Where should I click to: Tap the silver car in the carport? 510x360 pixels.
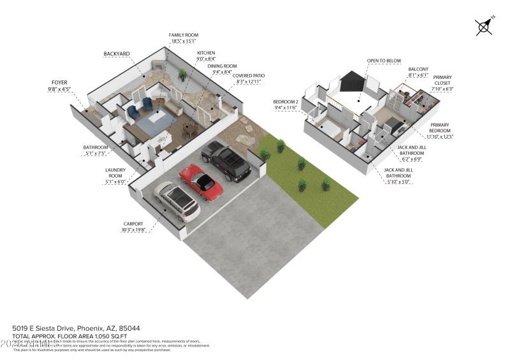(177, 200)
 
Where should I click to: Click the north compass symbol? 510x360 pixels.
(484, 26)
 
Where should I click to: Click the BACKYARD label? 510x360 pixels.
(117, 54)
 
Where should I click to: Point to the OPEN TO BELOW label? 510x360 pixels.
(384, 61)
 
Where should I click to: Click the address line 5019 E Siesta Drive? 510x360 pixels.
(57, 328)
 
